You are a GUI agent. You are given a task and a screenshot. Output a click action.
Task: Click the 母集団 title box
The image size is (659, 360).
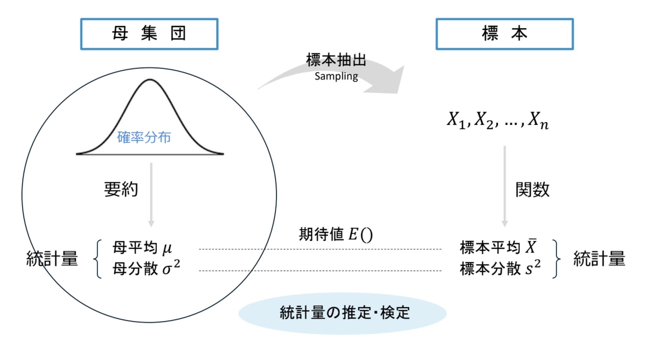[149, 34]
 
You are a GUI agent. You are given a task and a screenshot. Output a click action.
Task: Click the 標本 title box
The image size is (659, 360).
[504, 34]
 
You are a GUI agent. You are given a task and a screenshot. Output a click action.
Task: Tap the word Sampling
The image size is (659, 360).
[336, 76]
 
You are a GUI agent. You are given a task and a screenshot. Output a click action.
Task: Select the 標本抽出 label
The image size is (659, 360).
[336, 60]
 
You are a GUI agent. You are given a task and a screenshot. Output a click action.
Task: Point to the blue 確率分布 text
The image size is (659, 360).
[144, 137]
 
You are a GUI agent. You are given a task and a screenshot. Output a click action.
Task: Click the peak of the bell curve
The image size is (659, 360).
[150, 80]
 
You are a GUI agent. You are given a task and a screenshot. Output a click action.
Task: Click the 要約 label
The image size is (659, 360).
[121, 189]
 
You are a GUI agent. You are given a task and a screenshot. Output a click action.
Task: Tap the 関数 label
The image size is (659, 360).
[533, 189]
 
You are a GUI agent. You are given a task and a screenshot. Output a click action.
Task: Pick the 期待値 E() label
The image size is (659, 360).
[336, 234]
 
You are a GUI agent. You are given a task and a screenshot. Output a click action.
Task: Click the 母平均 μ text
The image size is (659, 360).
[142, 248]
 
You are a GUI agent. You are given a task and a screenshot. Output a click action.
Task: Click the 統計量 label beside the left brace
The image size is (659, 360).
[52, 258]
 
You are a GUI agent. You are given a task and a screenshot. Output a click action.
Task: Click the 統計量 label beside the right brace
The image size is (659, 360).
[599, 258]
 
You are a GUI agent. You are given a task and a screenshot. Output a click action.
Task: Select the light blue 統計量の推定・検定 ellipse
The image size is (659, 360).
[342, 313]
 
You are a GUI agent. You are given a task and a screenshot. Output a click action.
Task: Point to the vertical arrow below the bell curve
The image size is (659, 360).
[151, 195]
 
